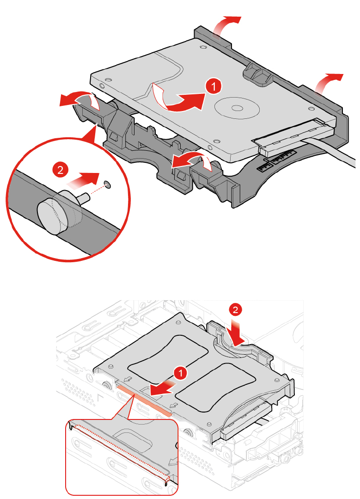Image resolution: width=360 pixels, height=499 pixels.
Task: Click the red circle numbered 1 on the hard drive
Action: pos(214,86)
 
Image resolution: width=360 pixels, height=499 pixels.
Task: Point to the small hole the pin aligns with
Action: pos(108,184)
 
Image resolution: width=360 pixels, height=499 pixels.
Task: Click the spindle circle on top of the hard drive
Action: pos(237,108)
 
